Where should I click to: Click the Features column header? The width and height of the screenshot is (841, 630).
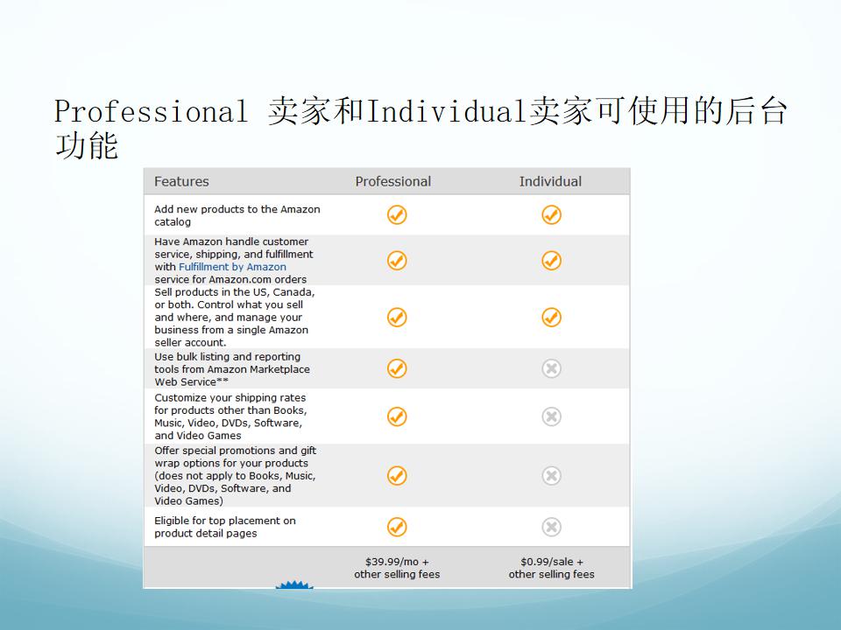pyautogui.click(x=181, y=182)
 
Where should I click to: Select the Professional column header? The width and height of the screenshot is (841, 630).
pyautogui.click(x=393, y=182)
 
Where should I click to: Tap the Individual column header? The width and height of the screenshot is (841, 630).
pyautogui.click(x=550, y=182)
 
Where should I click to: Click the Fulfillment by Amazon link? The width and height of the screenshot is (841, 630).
pyautogui.click(x=232, y=267)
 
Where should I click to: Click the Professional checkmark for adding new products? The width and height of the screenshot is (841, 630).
pyautogui.click(x=397, y=215)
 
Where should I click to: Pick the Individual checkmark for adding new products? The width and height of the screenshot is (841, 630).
pyautogui.click(x=551, y=215)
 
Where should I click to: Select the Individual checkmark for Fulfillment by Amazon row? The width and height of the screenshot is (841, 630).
pyautogui.click(x=551, y=261)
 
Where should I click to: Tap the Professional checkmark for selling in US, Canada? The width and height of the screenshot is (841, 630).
pyautogui.click(x=397, y=317)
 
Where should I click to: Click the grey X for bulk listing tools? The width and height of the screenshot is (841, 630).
pyautogui.click(x=551, y=368)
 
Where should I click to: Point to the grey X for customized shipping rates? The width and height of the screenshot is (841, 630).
pyautogui.click(x=551, y=416)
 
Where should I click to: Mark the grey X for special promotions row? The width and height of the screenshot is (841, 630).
pyautogui.click(x=551, y=476)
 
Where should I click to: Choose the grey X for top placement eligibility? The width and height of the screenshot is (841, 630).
pyautogui.click(x=551, y=527)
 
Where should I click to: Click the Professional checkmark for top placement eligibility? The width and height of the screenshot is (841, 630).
pyautogui.click(x=397, y=527)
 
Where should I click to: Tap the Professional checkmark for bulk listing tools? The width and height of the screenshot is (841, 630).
pyautogui.click(x=397, y=368)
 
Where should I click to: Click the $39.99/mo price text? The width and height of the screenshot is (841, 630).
pyautogui.click(x=397, y=562)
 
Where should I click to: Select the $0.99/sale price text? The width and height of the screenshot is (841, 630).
pyautogui.click(x=551, y=562)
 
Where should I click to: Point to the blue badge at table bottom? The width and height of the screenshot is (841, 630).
pyautogui.click(x=294, y=584)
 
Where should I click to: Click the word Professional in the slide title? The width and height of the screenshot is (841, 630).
pyautogui.click(x=151, y=111)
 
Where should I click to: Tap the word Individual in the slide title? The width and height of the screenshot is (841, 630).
pyautogui.click(x=446, y=111)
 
